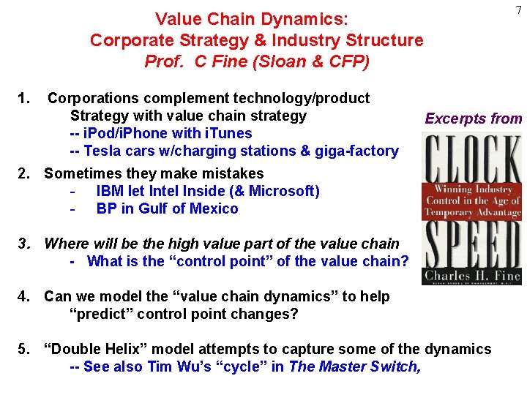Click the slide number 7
tap(518, 10)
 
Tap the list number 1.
tap(24, 98)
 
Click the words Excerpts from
tap(474, 118)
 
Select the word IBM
tap(111, 191)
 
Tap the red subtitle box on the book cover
tap(473, 200)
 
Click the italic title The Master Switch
tap(354, 366)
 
